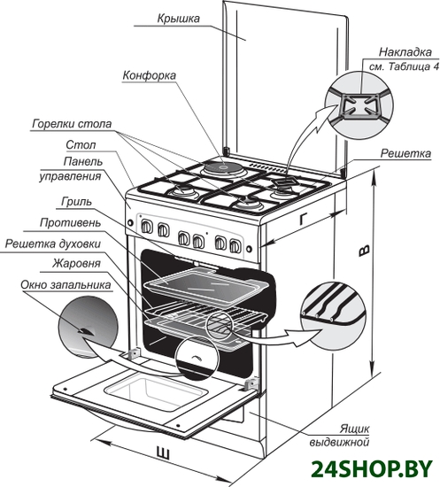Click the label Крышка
(x=178, y=19)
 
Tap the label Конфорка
(x=150, y=75)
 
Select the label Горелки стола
(x=72, y=124)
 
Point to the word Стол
(x=81, y=144)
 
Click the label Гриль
(x=76, y=202)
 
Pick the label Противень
(x=70, y=222)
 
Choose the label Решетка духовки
(x=53, y=244)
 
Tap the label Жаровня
(x=76, y=264)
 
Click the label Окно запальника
(x=66, y=285)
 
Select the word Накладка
(x=405, y=52)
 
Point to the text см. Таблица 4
(x=405, y=66)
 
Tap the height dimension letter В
(x=364, y=251)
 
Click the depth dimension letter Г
(x=304, y=220)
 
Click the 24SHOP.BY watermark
(x=372, y=469)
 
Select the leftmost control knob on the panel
(x=147, y=227)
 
